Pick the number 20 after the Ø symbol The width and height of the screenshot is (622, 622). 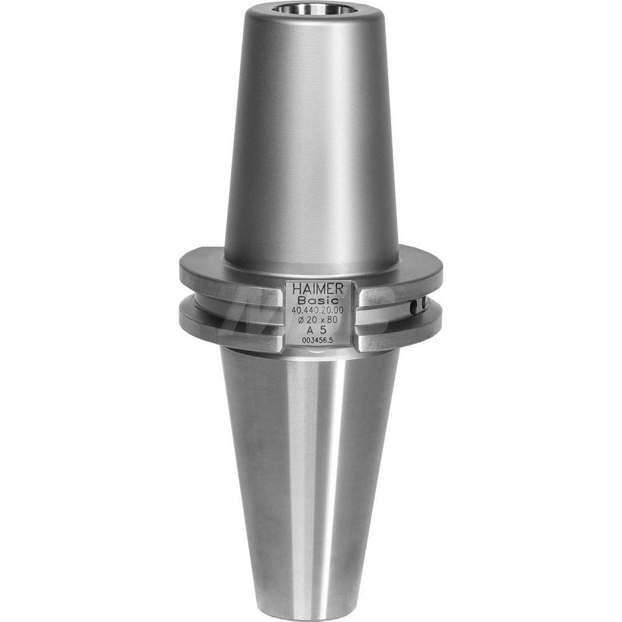[312, 320]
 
